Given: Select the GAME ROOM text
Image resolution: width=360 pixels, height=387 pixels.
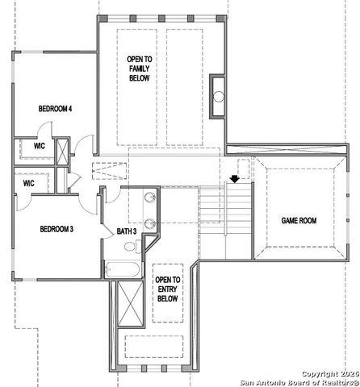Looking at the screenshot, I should tap(297, 219).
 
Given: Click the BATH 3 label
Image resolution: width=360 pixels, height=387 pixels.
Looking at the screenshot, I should tap(127, 231).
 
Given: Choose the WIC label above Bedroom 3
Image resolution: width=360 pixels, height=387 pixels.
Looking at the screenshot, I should tap(28, 183).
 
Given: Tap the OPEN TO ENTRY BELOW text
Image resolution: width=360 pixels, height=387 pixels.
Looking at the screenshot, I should tap(168, 288).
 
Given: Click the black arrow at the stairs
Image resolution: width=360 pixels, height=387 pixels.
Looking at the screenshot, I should tap(234, 179).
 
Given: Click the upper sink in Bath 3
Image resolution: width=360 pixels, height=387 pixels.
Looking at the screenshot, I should tap(151, 198).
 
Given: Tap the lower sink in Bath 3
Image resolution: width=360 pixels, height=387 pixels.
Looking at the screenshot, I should tap(151, 224).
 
